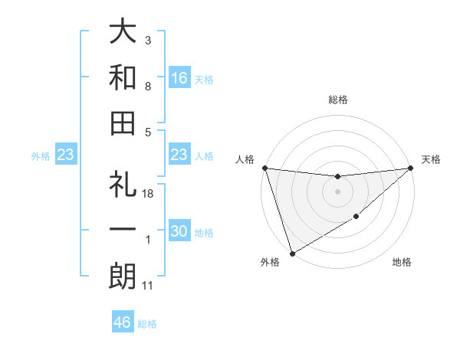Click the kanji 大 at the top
pyautogui.click(x=123, y=32)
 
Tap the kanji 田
pyautogui.click(x=123, y=123)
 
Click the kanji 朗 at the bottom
pyautogui.click(x=123, y=276)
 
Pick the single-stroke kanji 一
pyautogui.click(x=123, y=231)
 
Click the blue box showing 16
pyautogui.click(x=179, y=77)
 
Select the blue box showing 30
pyautogui.click(x=179, y=231)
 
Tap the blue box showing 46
pyautogui.click(x=123, y=322)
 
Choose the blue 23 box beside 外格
pyautogui.click(x=66, y=155)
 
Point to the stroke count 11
pyautogui.click(x=149, y=286)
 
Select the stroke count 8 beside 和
pyautogui.click(x=149, y=87)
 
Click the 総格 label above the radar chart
pyautogui.click(x=338, y=100)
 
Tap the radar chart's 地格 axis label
pyautogui.click(x=402, y=263)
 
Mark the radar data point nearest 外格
pyautogui.click(x=292, y=254)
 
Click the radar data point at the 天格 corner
pyautogui.click(x=411, y=168)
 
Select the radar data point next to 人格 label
pyautogui.click(x=264, y=168)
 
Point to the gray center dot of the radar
pyautogui.click(x=338, y=191)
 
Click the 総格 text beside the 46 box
pyautogui.click(x=147, y=324)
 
